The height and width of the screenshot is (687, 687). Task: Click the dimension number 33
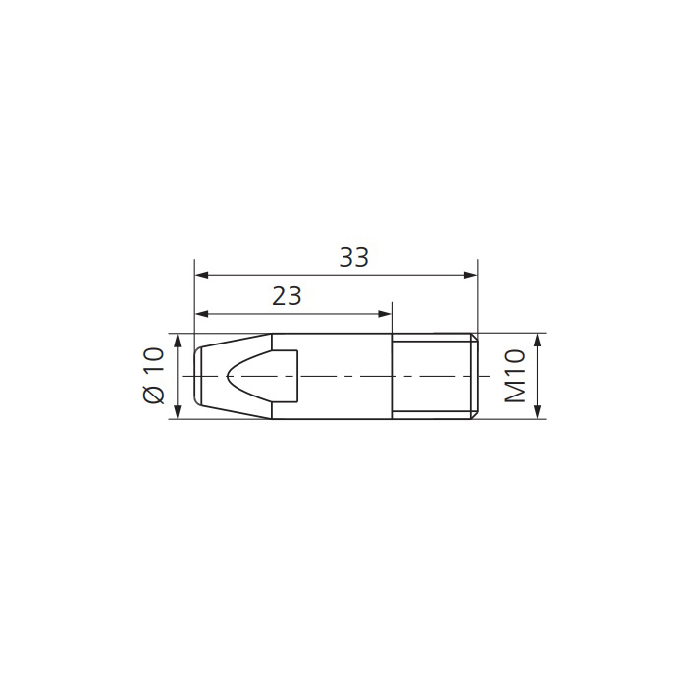354,257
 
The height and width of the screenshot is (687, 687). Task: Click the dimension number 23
287,295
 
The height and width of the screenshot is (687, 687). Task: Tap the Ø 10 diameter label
153,376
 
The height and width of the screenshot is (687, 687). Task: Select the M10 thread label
515,376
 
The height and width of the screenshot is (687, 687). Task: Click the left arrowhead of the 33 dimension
201,275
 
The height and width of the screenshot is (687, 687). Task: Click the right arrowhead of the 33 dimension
470,275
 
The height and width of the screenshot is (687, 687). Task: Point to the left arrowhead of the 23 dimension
201,314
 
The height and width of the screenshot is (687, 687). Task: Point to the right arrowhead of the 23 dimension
385,314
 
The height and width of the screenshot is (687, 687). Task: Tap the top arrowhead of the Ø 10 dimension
178,340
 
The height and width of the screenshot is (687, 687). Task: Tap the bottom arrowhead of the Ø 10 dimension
178,412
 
